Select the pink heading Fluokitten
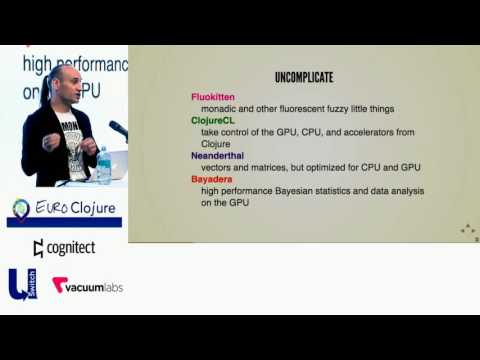click(x=212, y=97)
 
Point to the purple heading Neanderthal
click(x=221, y=155)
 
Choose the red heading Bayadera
click(x=214, y=178)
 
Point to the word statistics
click(x=351, y=190)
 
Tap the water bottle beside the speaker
click(x=103, y=166)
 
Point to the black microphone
click(x=118, y=130)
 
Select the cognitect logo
click(x=64, y=247)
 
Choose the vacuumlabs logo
click(x=87, y=285)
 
